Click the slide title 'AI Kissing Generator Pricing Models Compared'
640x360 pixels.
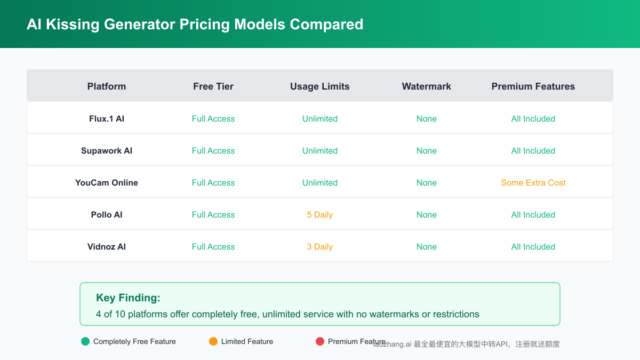[195, 25]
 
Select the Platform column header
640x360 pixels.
[107, 86]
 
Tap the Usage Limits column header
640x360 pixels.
[320, 86]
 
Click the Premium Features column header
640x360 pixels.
[533, 86]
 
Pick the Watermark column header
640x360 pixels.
[427, 86]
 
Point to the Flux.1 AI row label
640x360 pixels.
[107, 119]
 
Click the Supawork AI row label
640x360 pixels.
[107, 151]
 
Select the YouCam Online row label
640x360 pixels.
[107, 183]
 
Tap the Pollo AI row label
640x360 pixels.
[107, 215]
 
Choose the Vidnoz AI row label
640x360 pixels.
[107, 247]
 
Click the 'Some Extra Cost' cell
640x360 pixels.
[533, 183]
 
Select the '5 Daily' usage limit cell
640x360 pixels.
[320, 215]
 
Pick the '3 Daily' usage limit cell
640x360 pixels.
[320, 247]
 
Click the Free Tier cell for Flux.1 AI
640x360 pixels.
[213, 119]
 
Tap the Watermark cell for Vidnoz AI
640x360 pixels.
[427, 247]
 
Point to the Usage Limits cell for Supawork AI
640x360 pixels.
[320, 151]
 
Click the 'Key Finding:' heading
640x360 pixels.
[128, 298]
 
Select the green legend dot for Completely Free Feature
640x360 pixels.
[85, 341]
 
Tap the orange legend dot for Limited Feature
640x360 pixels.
[213, 341]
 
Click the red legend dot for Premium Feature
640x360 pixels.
[320, 341]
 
